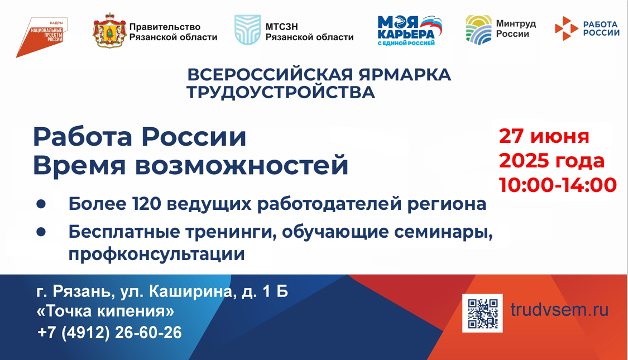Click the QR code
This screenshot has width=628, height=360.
482,313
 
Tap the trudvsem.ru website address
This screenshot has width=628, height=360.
559,310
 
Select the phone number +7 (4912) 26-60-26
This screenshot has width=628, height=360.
109,333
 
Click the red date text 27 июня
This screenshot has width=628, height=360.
544,136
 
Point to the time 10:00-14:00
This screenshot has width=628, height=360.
558,185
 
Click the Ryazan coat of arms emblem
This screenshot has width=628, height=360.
109,31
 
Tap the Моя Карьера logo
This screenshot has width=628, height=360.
409,31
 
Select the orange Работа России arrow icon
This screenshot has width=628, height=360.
567,28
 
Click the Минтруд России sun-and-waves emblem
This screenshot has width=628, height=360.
478,30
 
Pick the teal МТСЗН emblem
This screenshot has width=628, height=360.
247,30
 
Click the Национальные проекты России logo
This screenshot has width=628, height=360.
41,37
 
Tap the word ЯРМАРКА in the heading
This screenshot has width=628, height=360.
405,74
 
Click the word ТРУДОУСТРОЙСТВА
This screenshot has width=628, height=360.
281,93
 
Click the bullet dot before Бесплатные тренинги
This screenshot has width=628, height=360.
41,232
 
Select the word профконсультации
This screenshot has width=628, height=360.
157,254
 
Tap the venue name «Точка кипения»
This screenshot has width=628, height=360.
106,311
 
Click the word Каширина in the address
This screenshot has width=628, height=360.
191,291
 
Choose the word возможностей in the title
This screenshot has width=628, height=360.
242,165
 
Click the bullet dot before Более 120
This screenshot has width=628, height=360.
41,204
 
